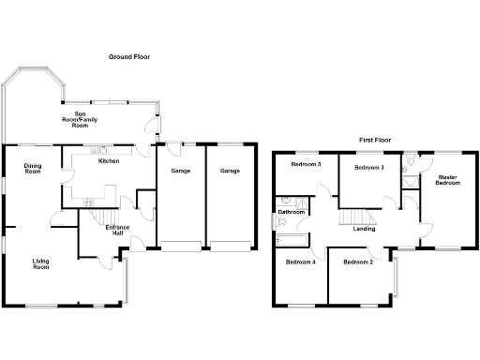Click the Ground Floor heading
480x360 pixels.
click(x=128, y=57)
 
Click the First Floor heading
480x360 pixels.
click(x=375, y=140)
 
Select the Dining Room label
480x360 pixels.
click(x=33, y=169)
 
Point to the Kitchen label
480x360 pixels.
click(x=110, y=162)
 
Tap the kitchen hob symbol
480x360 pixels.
click(x=89, y=200)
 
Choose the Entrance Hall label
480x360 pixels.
click(x=118, y=231)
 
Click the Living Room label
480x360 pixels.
click(x=41, y=264)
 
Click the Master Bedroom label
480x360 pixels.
click(x=448, y=179)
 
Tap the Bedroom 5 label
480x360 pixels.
click(x=306, y=165)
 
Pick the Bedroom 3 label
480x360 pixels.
click(x=368, y=167)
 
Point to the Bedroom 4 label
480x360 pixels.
click(x=300, y=262)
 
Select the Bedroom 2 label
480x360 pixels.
click(x=358, y=262)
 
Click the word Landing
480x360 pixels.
click(x=365, y=229)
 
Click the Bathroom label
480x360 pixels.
click(x=292, y=212)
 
